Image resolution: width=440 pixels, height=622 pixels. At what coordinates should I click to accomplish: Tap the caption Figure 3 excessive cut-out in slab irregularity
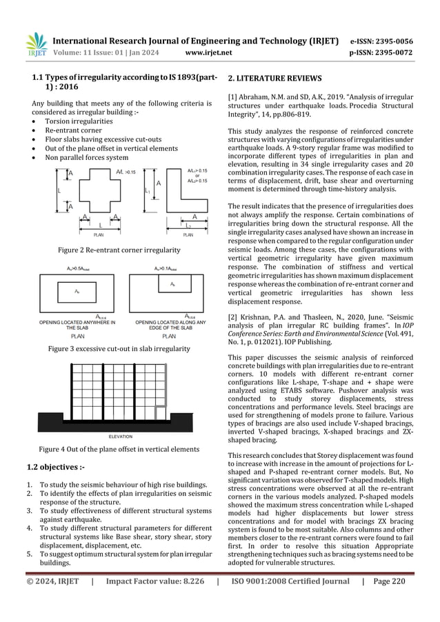(119, 349)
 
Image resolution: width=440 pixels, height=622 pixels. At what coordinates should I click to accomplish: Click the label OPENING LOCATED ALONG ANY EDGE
(168, 324)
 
